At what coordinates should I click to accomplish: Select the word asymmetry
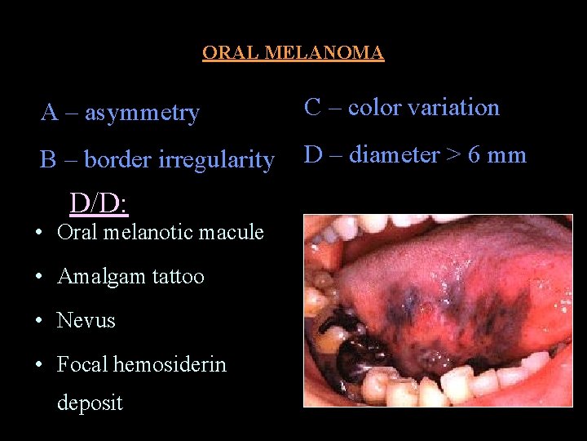click(x=142, y=114)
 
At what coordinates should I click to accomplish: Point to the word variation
click(x=453, y=108)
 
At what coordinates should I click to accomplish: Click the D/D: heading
click(x=99, y=203)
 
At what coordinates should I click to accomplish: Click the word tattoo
click(x=179, y=276)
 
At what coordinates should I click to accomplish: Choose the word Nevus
click(x=86, y=320)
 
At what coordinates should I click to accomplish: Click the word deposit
click(x=90, y=403)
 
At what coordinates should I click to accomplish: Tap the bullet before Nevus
click(x=40, y=320)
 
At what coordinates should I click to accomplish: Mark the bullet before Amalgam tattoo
click(x=40, y=277)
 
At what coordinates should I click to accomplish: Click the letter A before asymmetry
click(x=49, y=113)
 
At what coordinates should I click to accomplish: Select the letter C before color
click(x=311, y=108)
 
